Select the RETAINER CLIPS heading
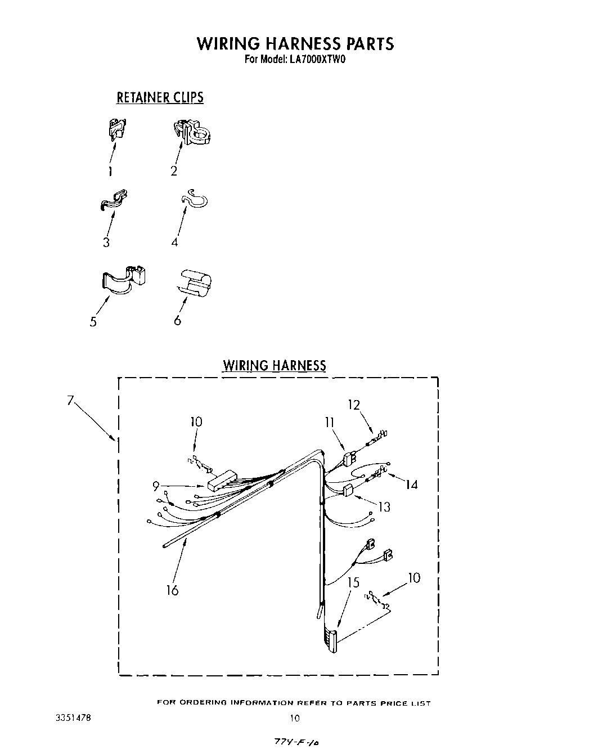(160, 98)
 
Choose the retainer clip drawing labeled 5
(124, 279)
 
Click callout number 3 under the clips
(106, 243)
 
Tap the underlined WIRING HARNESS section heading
(274, 366)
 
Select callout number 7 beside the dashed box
(70, 401)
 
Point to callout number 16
(172, 590)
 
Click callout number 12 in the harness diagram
(354, 405)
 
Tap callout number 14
(412, 484)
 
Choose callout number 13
(384, 507)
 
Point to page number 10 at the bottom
(295, 717)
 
